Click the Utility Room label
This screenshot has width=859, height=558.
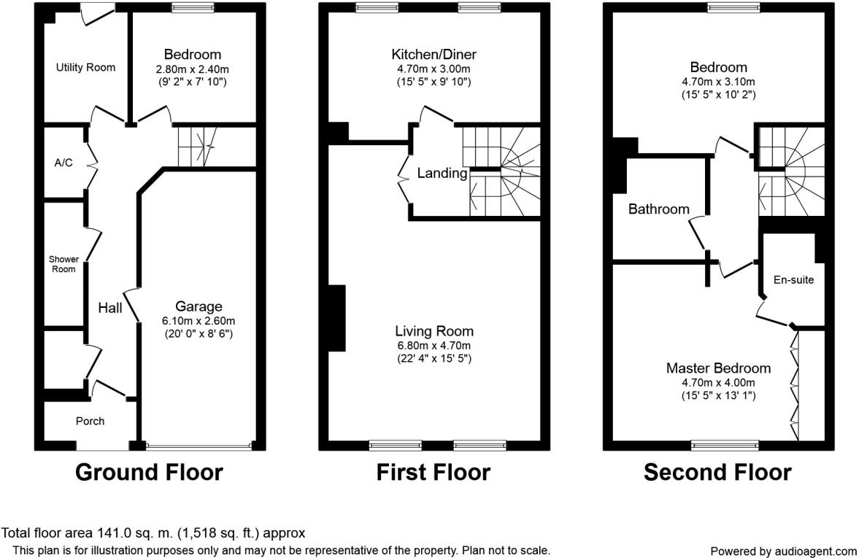[85, 67]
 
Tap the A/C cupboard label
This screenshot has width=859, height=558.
[63, 163]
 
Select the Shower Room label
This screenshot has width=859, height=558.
[63, 264]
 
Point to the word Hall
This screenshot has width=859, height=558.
[110, 308]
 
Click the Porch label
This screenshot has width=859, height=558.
[90, 421]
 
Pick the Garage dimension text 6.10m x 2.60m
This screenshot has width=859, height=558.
[199, 321]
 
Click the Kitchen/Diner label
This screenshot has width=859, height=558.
[434, 54]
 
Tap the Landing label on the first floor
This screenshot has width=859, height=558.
[442, 173]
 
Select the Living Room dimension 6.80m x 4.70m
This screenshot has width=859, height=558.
[434, 346]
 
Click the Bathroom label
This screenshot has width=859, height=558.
[658, 209]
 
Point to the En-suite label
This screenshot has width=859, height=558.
[793, 280]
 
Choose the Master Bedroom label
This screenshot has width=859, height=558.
[718, 368]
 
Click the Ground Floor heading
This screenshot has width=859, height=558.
[149, 472]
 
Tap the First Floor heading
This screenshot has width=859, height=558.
[434, 472]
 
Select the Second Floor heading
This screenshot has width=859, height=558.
[717, 472]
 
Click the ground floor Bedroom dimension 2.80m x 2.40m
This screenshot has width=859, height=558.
[192, 69]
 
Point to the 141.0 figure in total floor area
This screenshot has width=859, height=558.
[115, 532]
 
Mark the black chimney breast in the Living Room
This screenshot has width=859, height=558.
[337, 317]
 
